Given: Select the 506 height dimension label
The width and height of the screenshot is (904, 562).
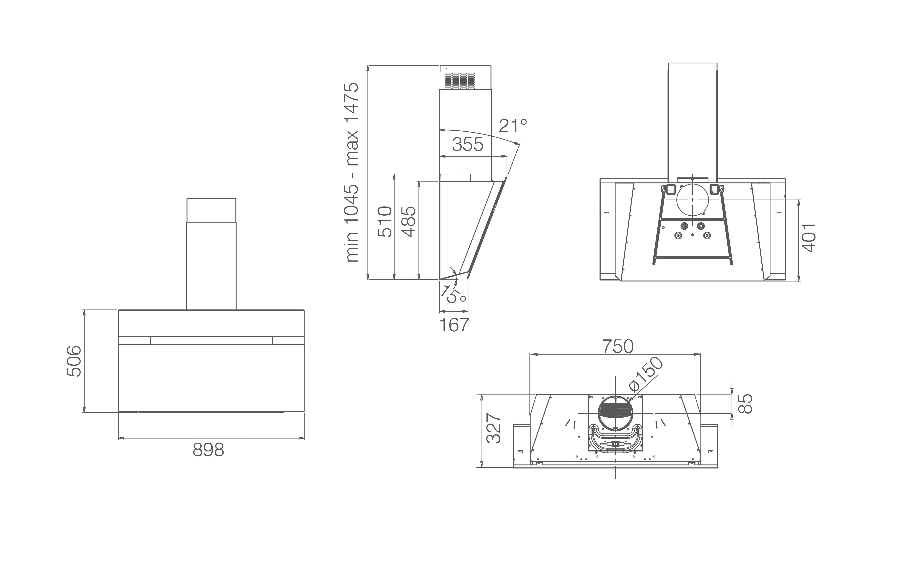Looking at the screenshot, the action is (x=74, y=361).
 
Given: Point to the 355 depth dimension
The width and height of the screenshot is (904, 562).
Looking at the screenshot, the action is (x=468, y=145).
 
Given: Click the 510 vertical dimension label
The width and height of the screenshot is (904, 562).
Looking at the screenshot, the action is (x=384, y=222).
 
